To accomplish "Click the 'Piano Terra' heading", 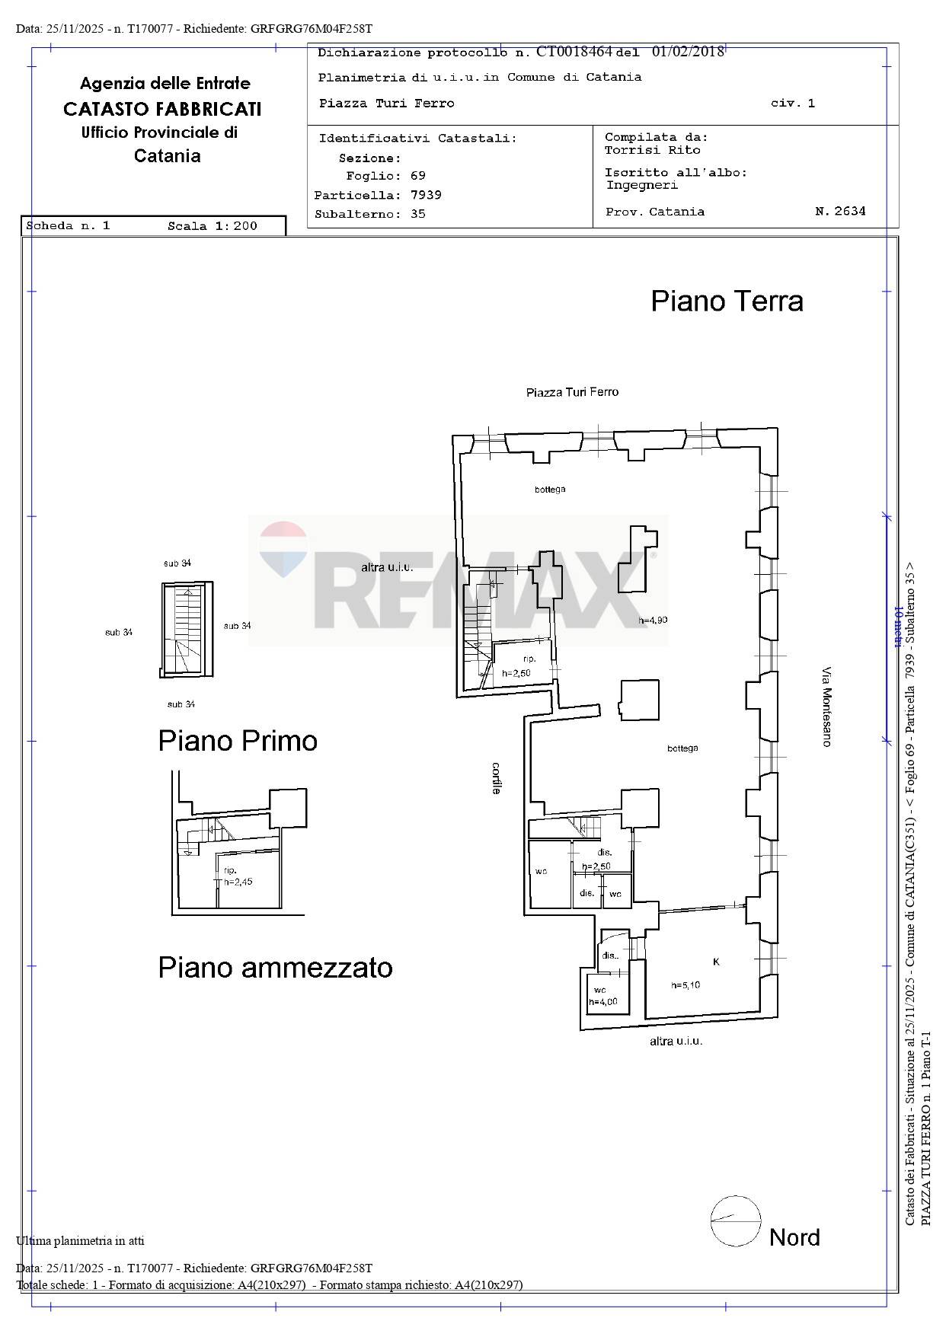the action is pos(727,301).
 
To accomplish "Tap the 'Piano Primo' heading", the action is pos(238,741).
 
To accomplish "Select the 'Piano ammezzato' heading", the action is pos(275,968).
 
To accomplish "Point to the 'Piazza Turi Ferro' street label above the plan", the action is pos(573,392).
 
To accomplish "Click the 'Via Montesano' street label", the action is pos(826,707).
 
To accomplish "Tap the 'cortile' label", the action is pos(497,778).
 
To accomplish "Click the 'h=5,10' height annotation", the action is pos(686,985).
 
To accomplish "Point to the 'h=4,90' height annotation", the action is pos(653,620).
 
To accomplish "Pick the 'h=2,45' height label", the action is pos(238,882).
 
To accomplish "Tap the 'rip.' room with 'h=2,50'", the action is pos(522,665).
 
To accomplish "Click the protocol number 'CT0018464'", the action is pos(574,52).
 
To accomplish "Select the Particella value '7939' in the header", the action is pos(426,195).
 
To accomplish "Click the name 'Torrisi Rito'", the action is pos(653,150).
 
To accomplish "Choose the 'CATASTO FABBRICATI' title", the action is pos(162,109).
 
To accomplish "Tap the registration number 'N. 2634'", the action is pos(840,211).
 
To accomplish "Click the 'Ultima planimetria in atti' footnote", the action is pos(80,1241).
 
